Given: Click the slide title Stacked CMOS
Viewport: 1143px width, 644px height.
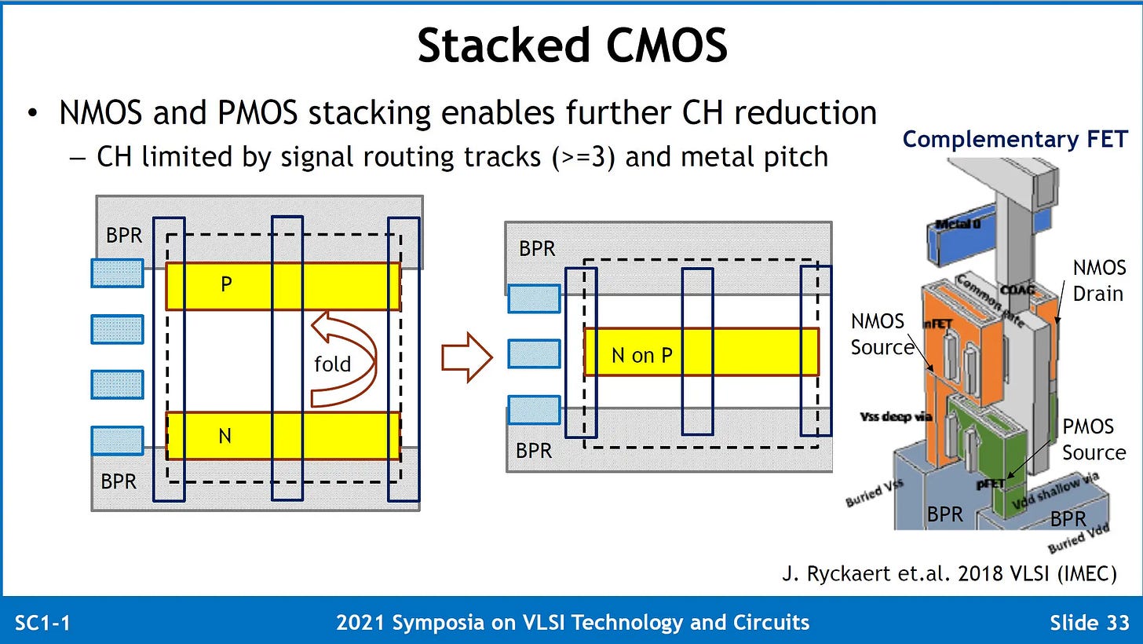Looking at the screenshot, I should [571, 46].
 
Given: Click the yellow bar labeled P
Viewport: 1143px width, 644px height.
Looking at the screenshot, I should [283, 285].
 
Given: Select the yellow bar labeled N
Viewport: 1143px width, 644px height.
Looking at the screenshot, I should [283, 435].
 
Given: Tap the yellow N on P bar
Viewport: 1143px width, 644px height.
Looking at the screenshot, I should [700, 352].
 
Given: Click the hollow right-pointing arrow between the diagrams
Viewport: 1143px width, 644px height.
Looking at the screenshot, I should [466, 357].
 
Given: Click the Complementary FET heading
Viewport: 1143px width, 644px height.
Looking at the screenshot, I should [1015, 139].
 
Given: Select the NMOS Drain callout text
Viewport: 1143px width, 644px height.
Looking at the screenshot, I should [1099, 280].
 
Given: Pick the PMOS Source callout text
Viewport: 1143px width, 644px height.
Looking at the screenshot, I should [1093, 440].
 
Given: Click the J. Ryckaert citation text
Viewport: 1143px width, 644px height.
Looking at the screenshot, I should [949, 574].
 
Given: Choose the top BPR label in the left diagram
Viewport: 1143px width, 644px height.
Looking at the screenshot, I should [123, 235].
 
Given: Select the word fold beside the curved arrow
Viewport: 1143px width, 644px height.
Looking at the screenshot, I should [332, 364].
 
